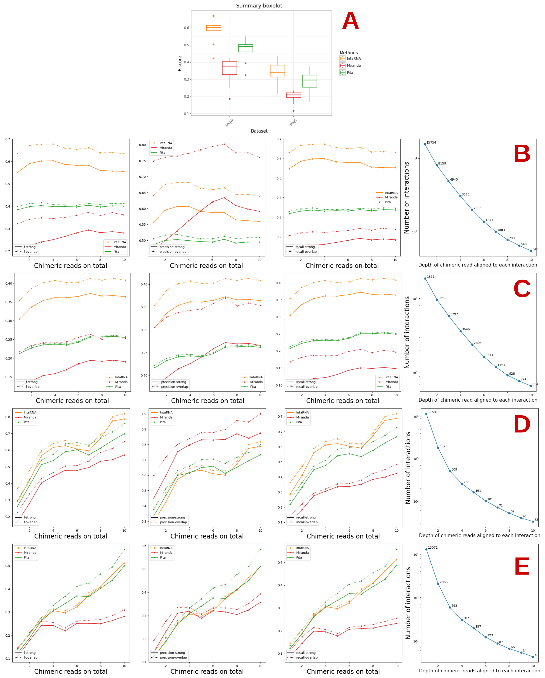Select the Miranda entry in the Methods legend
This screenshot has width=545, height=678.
(353, 65)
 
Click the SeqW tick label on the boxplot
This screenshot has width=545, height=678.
(229, 122)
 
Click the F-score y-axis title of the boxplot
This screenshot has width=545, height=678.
(180, 63)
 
